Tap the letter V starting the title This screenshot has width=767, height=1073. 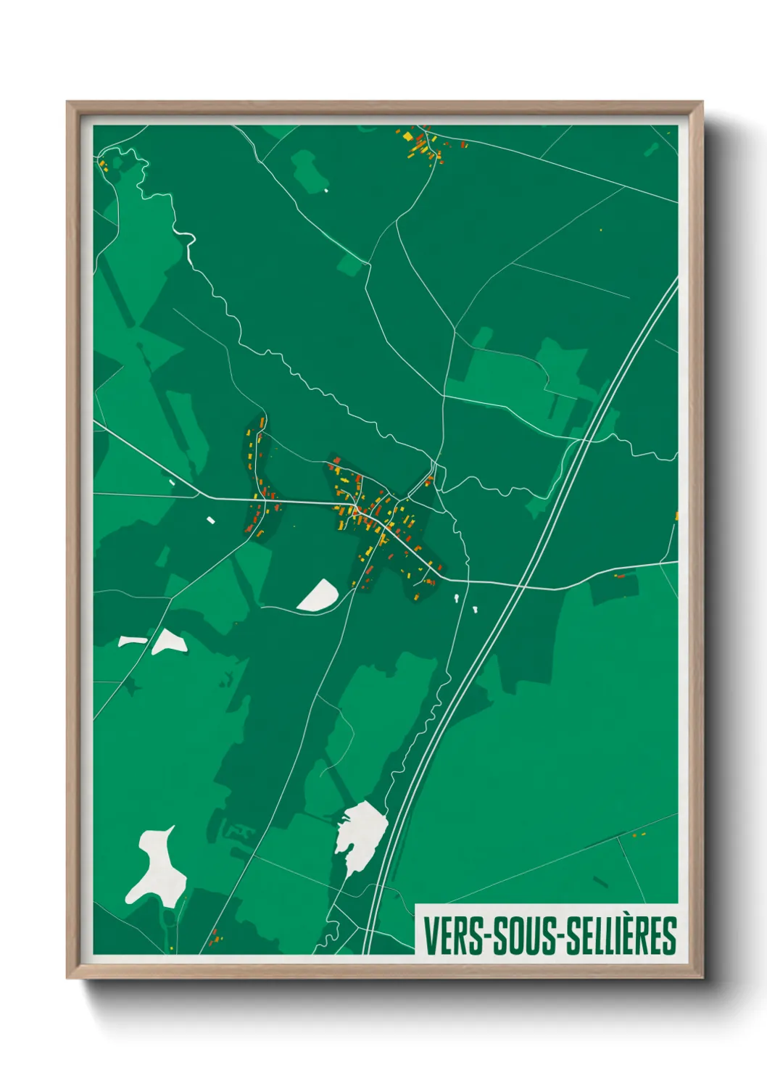tap(430, 936)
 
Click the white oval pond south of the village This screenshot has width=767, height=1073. tap(318, 596)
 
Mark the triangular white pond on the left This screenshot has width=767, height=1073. tap(170, 642)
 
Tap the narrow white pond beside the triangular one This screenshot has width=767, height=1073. tap(132, 641)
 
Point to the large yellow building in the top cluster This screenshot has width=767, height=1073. tap(407, 136)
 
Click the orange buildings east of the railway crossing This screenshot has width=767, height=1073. tap(619, 576)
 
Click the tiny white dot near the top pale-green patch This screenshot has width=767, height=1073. tap(326, 191)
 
